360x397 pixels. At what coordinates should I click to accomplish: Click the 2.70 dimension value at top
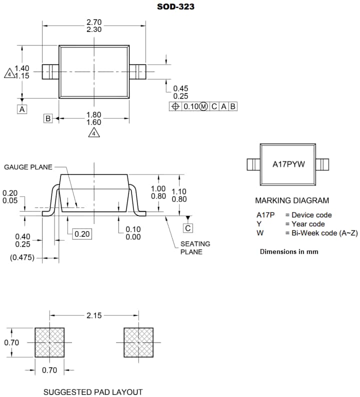click(x=94, y=22)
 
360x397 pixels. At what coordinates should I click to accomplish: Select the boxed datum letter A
click(x=22, y=108)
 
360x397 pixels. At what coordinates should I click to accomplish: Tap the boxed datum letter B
click(x=48, y=118)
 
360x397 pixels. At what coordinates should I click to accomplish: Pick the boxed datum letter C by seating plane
click(x=187, y=228)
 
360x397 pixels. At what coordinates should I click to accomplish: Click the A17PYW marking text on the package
click(x=288, y=164)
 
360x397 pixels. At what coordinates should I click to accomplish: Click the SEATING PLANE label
click(x=195, y=247)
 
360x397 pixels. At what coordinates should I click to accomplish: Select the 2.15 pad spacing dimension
click(x=94, y=315)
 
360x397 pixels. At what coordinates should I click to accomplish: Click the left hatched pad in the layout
click(x=49, y=342)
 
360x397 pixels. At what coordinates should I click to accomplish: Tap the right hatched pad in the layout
click(x=138, y=342)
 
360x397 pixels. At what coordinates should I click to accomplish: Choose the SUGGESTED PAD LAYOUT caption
click(x=93, y=392)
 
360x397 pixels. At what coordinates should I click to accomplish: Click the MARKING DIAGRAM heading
click(x=292, y=200)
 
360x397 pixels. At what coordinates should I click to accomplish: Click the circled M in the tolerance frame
click(x=203, y=106)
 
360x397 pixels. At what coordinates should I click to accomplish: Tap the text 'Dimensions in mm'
click(x=288, y=251)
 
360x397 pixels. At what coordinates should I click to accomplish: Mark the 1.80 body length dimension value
click(x=94, y=114)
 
